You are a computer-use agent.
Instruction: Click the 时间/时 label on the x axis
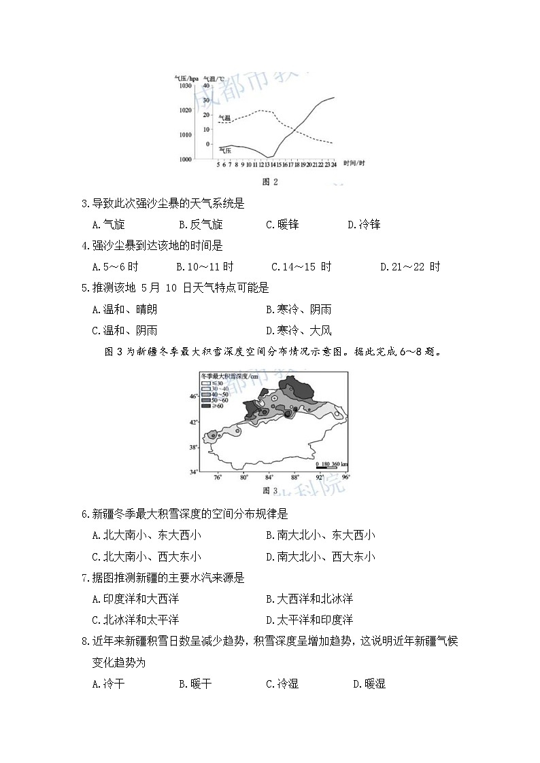(x=354, y=164)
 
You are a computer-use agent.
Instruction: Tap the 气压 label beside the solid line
(x=225, y=149)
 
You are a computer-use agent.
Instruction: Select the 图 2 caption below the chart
(x=270, y=181)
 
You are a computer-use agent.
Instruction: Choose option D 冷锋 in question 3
(x=364, y=224)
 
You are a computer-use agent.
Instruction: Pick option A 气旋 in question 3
(x=108, y=224)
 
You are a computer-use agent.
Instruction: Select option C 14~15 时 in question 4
(x=301, y=267)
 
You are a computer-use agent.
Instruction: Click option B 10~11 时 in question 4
(x=205, y=267)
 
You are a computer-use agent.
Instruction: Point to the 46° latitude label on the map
(x=193, y=395)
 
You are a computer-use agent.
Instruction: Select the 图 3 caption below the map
(x=270, y=490)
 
